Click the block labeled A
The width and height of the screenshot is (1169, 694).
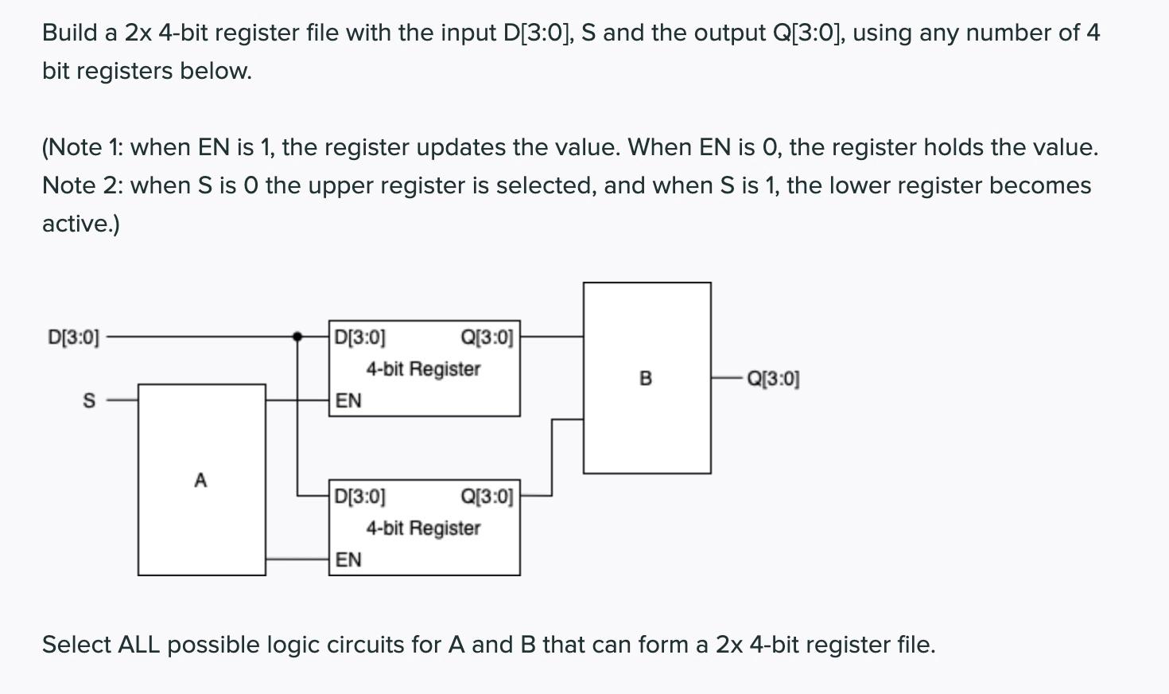pos(201,480)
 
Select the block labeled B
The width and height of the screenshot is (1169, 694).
pos(646,378)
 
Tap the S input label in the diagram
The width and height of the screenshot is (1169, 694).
pos(89,400)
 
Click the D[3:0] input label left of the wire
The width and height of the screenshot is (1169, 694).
pos(74,337)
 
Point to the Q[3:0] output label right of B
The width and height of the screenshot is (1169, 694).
pos(773,379)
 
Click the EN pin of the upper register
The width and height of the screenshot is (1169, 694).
pos(348,400)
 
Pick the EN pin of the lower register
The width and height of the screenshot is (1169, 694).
pos(348,559)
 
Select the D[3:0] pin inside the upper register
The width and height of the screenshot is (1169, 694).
pos(359,337)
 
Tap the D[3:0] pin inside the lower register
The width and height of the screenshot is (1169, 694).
pos(359,497)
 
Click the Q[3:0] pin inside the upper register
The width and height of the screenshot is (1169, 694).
pos(487,337)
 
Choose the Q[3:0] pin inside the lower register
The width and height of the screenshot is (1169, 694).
pos(487,497)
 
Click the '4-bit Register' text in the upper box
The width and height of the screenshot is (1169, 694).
pos(423,369)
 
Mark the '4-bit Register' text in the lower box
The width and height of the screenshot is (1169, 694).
pos(423,528)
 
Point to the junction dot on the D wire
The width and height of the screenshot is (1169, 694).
pos(297,337)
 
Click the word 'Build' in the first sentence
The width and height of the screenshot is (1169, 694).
pos(70,33)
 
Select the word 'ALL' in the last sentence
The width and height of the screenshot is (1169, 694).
pos(139,645)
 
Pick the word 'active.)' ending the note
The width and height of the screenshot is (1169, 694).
pos(81,224)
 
